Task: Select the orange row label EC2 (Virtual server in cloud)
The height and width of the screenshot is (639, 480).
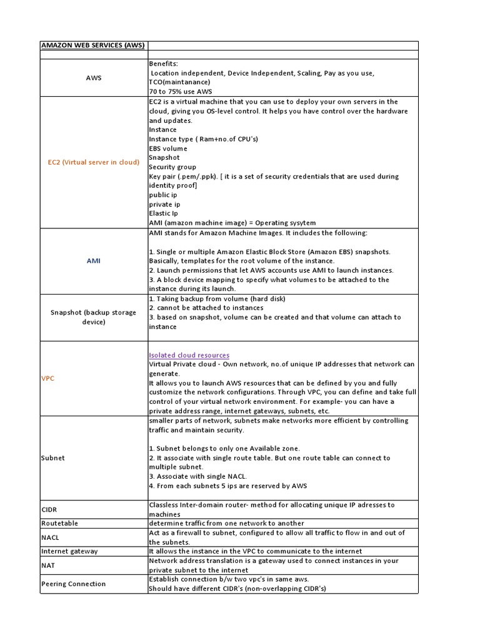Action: click(x=94, y=162)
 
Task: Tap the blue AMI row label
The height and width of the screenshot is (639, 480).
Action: click(x=94, y=261)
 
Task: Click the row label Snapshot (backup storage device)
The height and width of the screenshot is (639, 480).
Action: click(x=94, y=317)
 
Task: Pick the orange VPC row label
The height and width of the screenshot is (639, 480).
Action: click(x=47, y=378)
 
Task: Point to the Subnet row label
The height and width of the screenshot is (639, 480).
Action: click(x=53, y=458)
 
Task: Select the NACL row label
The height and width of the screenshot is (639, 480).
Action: click(x=50, y=537)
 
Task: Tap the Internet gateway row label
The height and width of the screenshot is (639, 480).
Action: click(x=69, y=551)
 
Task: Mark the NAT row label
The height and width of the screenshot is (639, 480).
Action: click(x=48, y=565)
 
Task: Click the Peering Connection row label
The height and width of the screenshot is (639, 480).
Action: click(x=73, y=584)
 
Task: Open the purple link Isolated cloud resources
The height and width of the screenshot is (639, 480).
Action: click(x=189, y=355)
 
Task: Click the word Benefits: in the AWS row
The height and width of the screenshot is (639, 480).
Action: click(x=163, y=64)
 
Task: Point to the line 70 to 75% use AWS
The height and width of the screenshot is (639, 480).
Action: click(x=180, y=92)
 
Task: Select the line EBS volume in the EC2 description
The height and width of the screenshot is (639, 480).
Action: click(x=167, y=149)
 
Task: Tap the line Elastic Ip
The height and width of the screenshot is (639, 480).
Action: click(x=164, y=213)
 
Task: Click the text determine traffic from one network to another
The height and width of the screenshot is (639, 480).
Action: click(x=226, y=523)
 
